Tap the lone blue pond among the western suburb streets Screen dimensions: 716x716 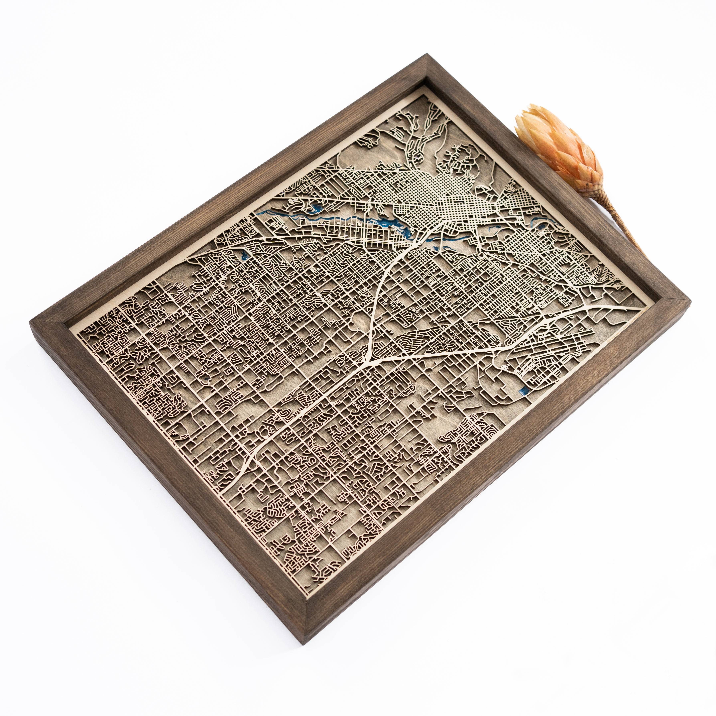[x=243, y=255]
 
